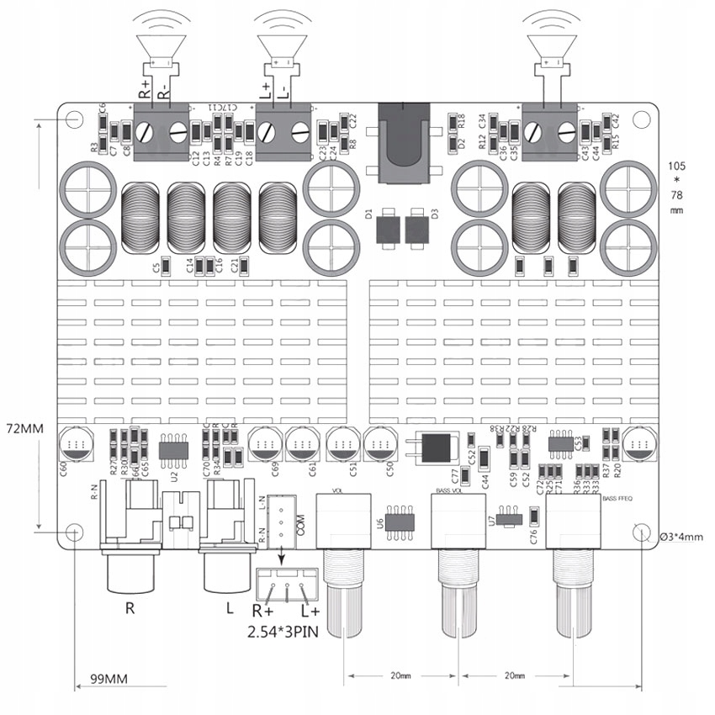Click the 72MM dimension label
click(24, 428)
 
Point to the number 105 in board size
click(676, 165)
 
